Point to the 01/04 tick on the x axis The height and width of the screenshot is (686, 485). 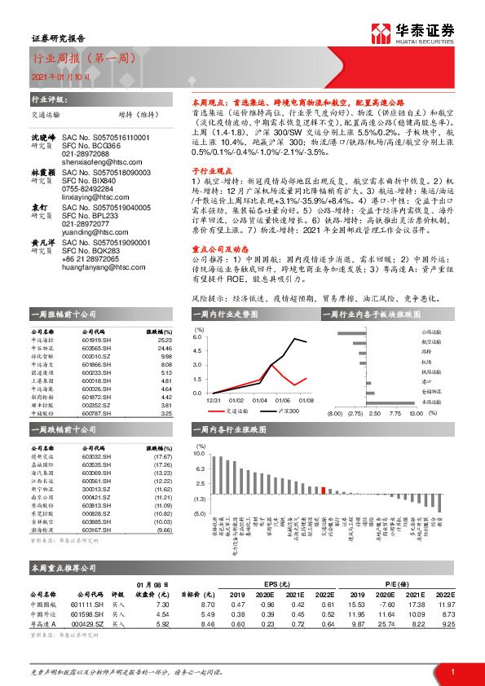260,400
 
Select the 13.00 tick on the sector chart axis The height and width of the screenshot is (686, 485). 416,414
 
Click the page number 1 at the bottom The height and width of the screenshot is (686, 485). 452,670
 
